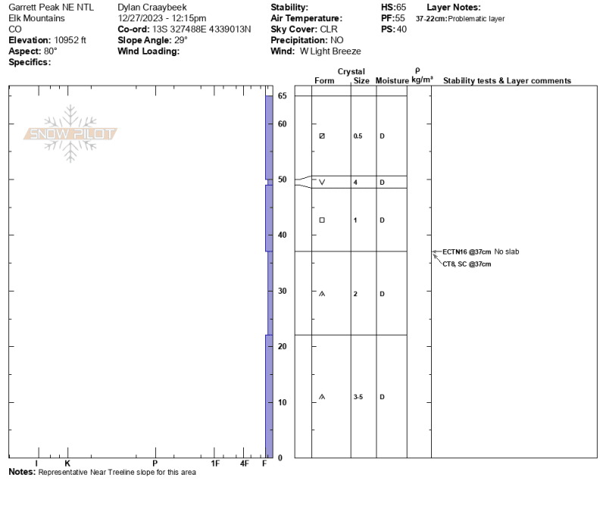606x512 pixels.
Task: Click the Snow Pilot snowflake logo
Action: pyautogui.click(x=70, y=134)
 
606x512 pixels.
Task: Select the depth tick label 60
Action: pyautogui.click(x=282, y=124)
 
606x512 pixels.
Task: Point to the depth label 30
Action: pyautogui.click(x=282, y=291)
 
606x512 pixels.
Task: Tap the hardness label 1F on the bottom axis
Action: pyautogui.click(x=215, y=464)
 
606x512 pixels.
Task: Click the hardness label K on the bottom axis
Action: pyautogui.click(x=67, y=464)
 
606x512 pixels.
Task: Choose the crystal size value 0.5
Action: pyautogui.click(x=358, y=136)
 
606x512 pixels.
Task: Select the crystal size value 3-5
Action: pyautogui.click(x=358, y=397)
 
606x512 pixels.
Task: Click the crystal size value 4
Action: pyautogui.click(x=355, y=183)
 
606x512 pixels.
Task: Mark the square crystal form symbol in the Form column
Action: pyautogui.click(x=322, y=220)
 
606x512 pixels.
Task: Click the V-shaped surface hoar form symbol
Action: pyautogui.click(x=322, y=182)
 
